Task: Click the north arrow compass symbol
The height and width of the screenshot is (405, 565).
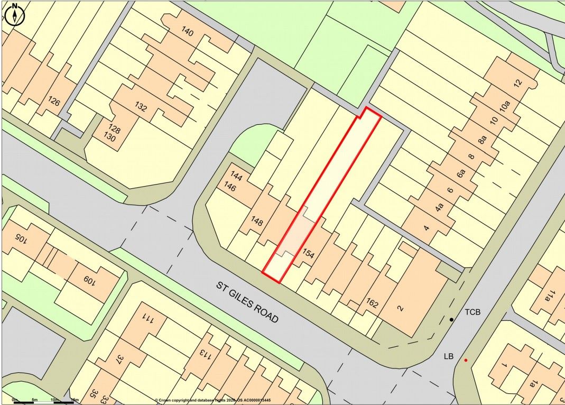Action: (15, 14)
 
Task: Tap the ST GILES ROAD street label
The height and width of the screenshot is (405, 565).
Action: (247, 302)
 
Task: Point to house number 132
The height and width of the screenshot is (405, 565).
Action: (141, 107)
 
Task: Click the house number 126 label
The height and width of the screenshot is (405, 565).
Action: (54, 100)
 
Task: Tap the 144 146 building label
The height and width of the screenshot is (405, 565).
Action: (233, 182)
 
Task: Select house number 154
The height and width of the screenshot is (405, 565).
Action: (308, 254)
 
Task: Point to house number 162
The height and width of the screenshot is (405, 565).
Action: (372, 303)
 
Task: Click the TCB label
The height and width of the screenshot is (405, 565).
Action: (473, 312)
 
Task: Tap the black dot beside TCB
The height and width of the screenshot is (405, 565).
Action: (451, 319)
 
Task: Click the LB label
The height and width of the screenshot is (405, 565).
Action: (449, 357)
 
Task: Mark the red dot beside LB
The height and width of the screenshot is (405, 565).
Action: (466, 361)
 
